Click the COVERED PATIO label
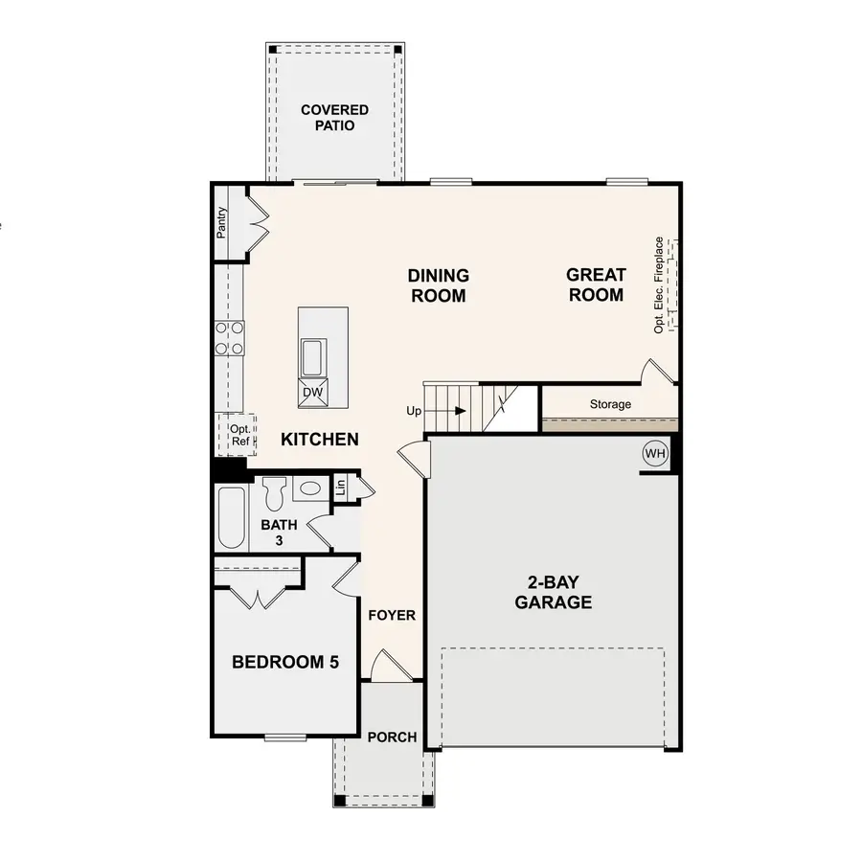click(x=334, y=118)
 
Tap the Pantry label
click(x=221, y=223)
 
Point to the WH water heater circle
click(x=655, y=453)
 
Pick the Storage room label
click(x=610, y=404)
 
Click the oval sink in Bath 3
click(x=309, y=488)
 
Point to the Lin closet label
click(x=340, y=487)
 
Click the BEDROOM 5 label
click(x=285, y=662)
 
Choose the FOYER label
click(x=393, y=615)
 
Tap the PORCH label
click(x=393, y=737)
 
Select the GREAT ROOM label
click(x=596, y=285)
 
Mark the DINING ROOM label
click(x=439, y=286)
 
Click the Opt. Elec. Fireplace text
click(x=659, y=284)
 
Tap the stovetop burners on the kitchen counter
click(x=230, y=337)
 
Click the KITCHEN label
click(x=320, y=440)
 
